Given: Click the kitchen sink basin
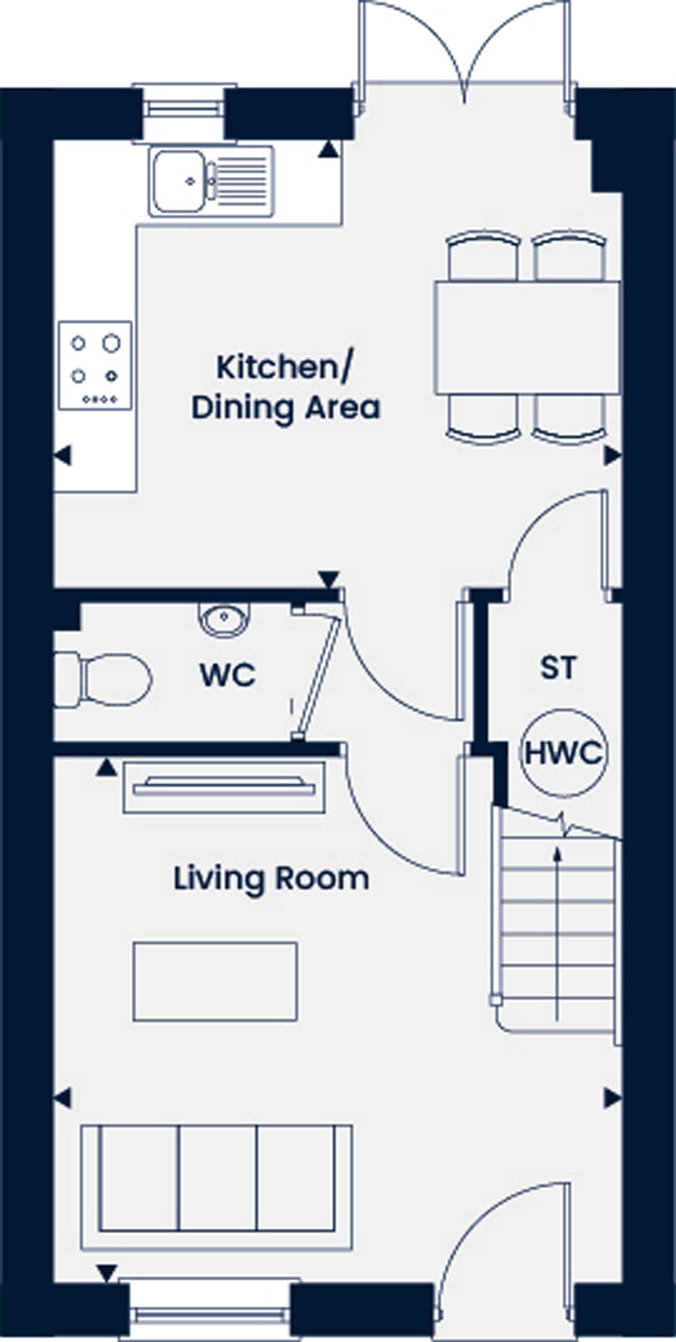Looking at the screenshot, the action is click(179, 181).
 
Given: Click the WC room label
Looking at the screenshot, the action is click(227, 675).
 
